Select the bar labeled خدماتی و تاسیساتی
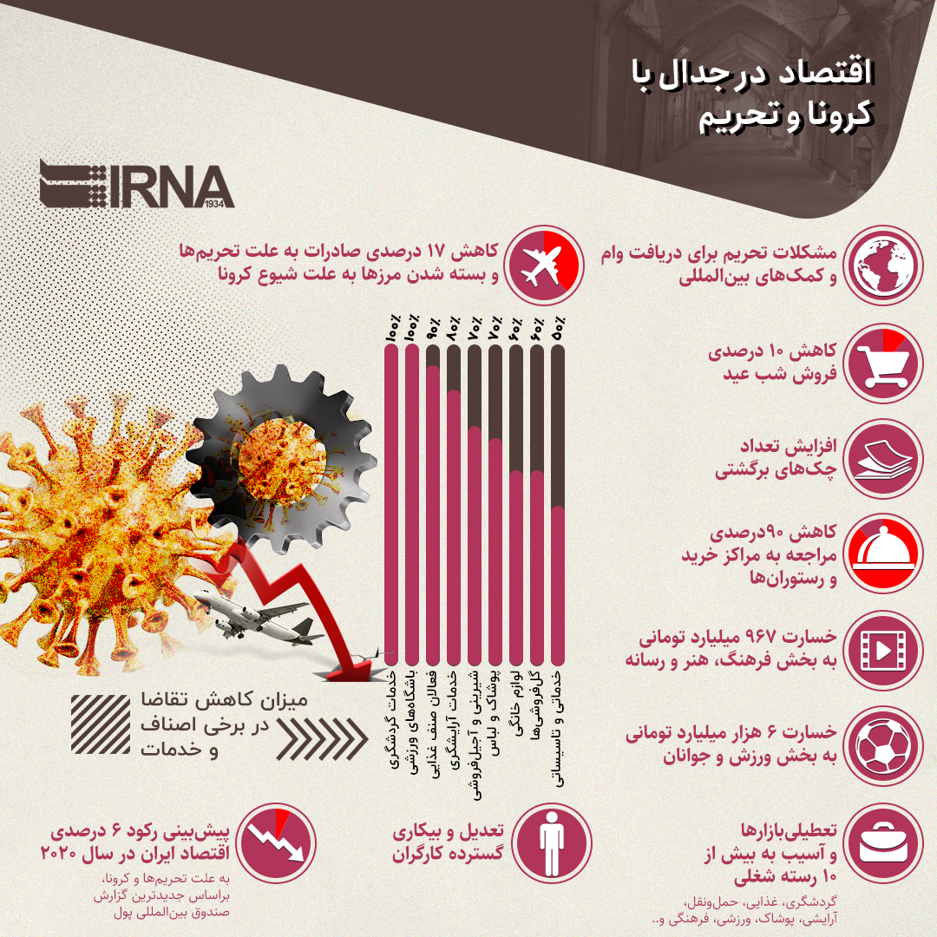(x=558, y=590)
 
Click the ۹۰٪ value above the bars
(x=433, y=331)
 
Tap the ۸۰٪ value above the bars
(x=453, y=331)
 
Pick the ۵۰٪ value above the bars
(x=558, y=331)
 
